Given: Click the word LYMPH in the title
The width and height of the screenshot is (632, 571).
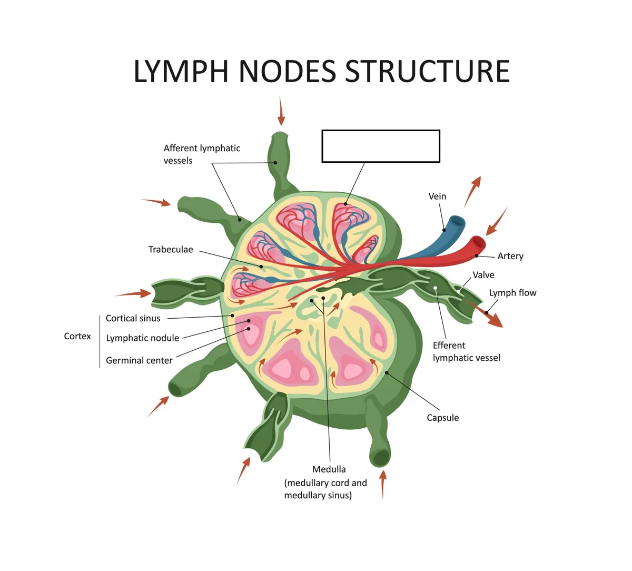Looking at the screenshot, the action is pyautogui.click(x=181, y=71).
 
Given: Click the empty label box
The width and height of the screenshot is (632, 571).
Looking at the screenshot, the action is pyautogui.click(x=381, y=146).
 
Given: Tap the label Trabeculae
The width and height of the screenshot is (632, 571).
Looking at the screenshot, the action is pyautogui.click(x=171, y=249).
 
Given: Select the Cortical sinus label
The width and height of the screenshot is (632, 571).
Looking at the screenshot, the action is pyautogui.click(x=133, y=318).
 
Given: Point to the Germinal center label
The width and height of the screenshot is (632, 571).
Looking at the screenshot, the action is pyautogui.click(x=139, y=360).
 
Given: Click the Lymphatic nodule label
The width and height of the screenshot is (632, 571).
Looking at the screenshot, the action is pyautogui.click(x=142, y=338).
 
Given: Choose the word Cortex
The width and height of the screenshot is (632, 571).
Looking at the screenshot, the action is pyautogui.click(x=77, y=336).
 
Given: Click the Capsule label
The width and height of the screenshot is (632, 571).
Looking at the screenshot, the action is pyautogui.click(x=442, y=418).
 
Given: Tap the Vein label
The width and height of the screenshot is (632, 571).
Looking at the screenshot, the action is pyautogui.click(x=437, y=196).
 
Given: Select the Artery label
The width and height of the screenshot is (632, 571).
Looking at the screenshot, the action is pyautogui.click(x=510, y=256).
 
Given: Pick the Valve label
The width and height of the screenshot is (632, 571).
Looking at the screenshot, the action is pyautogui.click(x=483, y=275).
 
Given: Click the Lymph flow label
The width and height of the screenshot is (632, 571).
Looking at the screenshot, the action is pyautogui.click(x=512, y=293).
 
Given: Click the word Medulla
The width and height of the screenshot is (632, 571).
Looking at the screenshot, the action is pyautogui.click(x=329, y=469).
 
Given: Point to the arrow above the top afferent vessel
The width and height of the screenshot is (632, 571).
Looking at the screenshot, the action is pyautogui.click(x=281, y=111).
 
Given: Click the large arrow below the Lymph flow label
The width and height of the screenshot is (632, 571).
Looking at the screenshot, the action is pyautogui.click(x=483, y=313).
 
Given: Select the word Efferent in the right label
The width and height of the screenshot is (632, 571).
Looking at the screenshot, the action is pyautogui.click(x=449, y=346).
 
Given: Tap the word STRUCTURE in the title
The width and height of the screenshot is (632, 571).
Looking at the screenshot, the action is pyautogui.click(x=427, y=71).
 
